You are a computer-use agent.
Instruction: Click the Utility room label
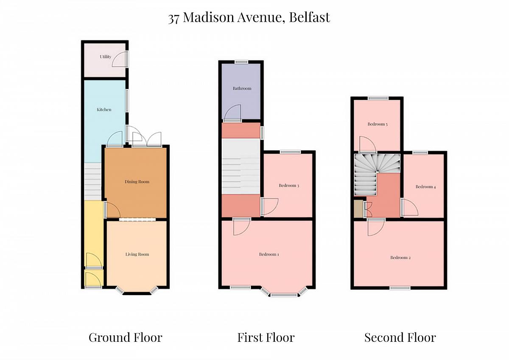point(106,56)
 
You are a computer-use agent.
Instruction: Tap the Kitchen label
point(104,110)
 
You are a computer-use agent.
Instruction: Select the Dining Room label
point(137,182)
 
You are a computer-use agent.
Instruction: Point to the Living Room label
point(137,254)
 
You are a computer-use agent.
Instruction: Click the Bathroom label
point(242,88)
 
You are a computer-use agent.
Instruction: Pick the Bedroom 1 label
point(269,254)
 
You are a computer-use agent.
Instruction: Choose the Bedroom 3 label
point(289,186)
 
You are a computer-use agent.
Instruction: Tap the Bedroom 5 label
point(378,124)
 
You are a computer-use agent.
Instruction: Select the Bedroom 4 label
point(425,187)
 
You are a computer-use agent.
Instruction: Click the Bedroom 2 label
point(400,257)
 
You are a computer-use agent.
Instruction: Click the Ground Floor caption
point(126,337)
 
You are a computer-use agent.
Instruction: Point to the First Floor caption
point(266,337)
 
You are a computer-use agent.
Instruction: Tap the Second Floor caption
point(400,337)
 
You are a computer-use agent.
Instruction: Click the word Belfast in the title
point(310,17)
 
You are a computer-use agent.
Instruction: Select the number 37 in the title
point(173,18)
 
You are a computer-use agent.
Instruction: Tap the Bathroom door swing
point(232,113)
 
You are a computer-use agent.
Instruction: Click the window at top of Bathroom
point(241,62)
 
